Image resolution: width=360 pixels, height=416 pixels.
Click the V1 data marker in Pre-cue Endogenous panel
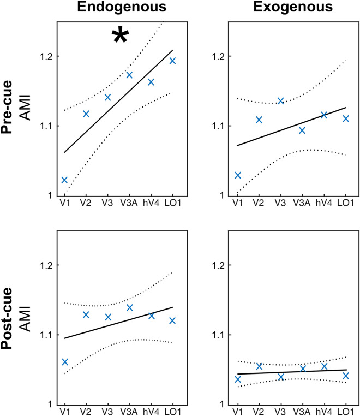64,180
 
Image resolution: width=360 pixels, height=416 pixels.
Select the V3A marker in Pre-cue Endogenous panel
129,75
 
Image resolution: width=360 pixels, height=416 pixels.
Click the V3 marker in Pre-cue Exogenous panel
280,101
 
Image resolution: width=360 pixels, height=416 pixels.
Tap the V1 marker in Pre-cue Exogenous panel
237,175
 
